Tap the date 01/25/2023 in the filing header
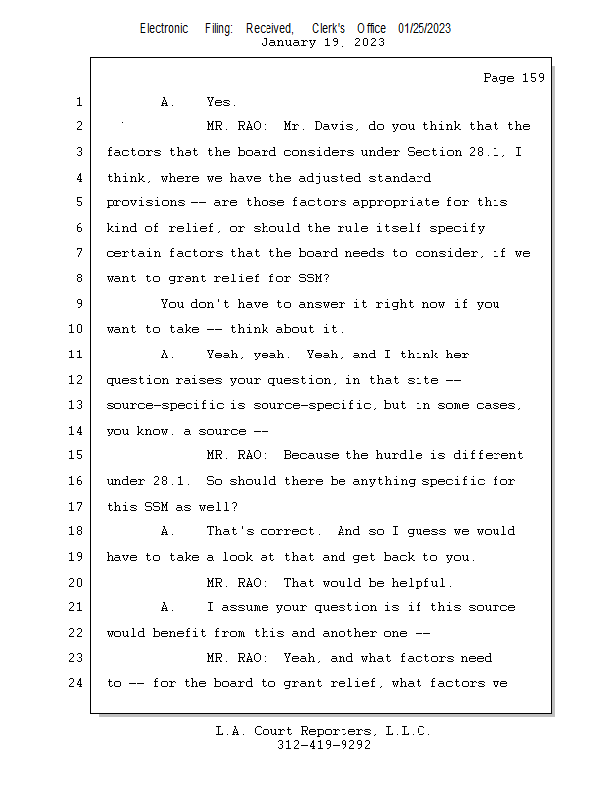(x=424, y=29)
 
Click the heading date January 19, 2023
(x=323, y=42)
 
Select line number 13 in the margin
(x=77, y=405)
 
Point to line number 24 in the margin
(x=77, y=683)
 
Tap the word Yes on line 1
(x=221, y=102)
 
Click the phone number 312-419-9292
(x=324, y=745)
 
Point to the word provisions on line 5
(x=145, y=202)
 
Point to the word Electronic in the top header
(x=164, y=29)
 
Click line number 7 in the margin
(x=77, y=253)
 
